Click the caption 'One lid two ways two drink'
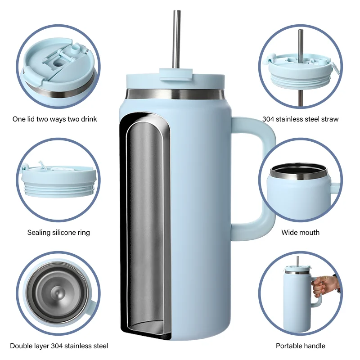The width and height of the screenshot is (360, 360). point(54,119)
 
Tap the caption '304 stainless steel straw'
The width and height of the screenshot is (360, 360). point(300,119)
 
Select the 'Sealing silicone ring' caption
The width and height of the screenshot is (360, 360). point(58,233)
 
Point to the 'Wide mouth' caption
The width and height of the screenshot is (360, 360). point(300,233)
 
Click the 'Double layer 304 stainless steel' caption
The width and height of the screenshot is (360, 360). point(59,346)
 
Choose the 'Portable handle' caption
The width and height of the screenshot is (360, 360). point(300,346)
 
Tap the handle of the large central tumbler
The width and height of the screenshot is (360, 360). point(261,180)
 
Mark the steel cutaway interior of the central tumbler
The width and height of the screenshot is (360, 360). point(144,225)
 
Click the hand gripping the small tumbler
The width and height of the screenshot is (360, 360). point(324,286)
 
